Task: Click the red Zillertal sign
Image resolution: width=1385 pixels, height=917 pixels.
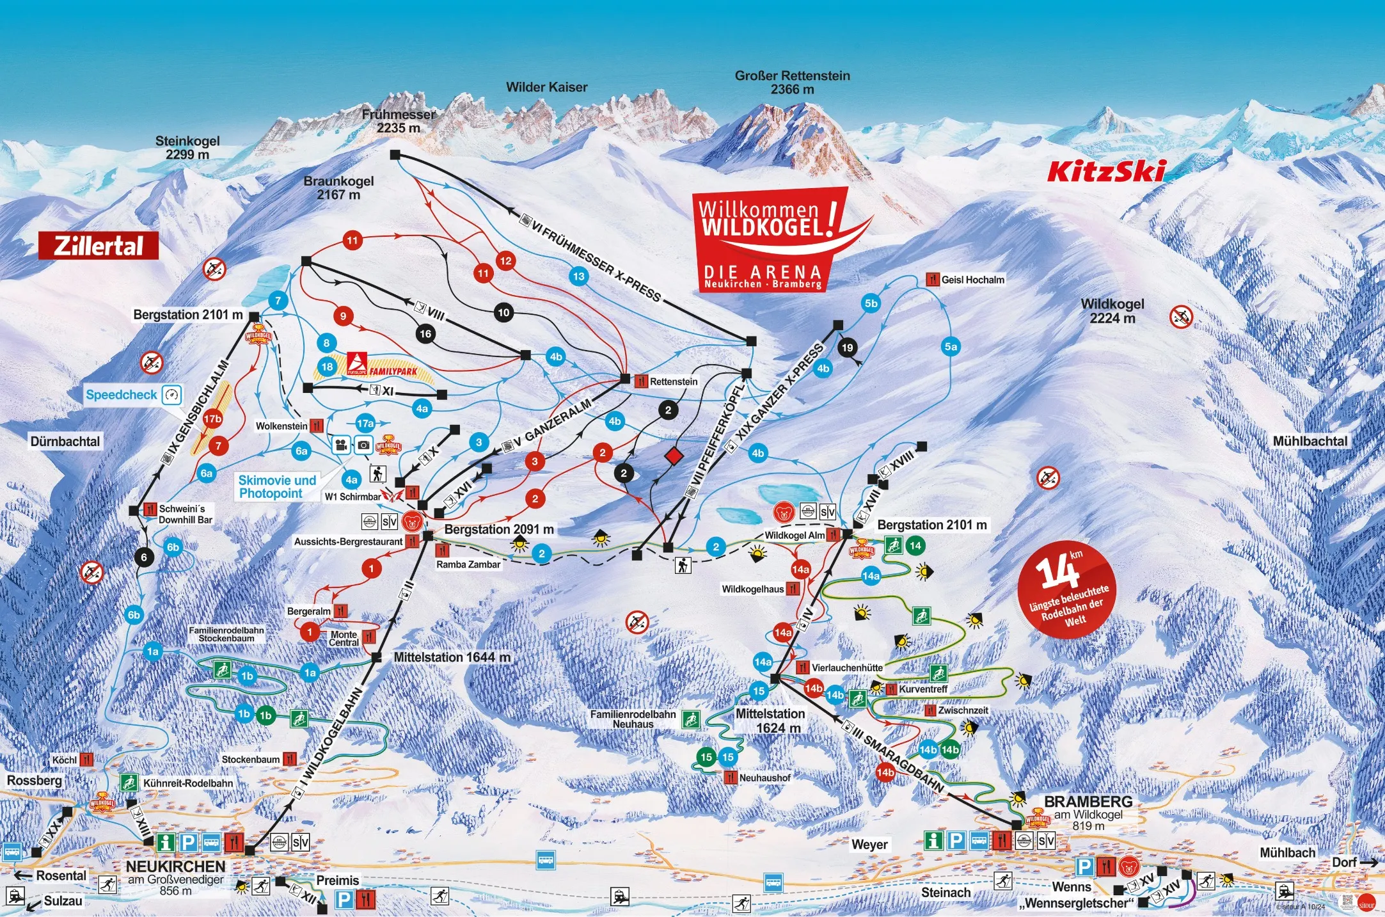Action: click(x=99, y=246)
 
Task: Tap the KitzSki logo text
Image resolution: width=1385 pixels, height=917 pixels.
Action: click(x=1105, y=171)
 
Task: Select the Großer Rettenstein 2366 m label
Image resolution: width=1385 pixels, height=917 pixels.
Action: click(x=792, y=83)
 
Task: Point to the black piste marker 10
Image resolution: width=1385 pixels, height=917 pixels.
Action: click(x=504, y=312)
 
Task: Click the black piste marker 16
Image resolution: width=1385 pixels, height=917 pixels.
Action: click(x=425, y=333)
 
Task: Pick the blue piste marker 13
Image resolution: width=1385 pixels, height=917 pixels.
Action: click(x=578, y=276)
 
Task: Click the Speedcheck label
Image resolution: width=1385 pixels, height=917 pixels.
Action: click(x=122, y=395)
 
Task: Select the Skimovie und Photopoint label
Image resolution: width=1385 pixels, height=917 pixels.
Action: click(x=277, y=487)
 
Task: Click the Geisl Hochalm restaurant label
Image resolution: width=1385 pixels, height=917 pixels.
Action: click(x=972, y=280)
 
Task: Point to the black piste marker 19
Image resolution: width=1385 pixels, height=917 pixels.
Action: click(x=847, y=347)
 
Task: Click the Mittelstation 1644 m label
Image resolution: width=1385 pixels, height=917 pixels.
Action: click(x=452, y=657)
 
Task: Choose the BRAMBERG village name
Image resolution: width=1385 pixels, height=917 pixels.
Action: click(x=1088, y=801)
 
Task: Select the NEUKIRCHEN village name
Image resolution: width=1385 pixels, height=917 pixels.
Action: click(x=175, y=866)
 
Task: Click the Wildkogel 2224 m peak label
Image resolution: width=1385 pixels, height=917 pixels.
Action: click(x=1112, y=311)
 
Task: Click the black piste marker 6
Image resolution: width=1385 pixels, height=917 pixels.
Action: click(x=144, y=557)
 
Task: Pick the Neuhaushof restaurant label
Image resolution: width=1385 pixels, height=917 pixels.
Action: click(x=764, y=777)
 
